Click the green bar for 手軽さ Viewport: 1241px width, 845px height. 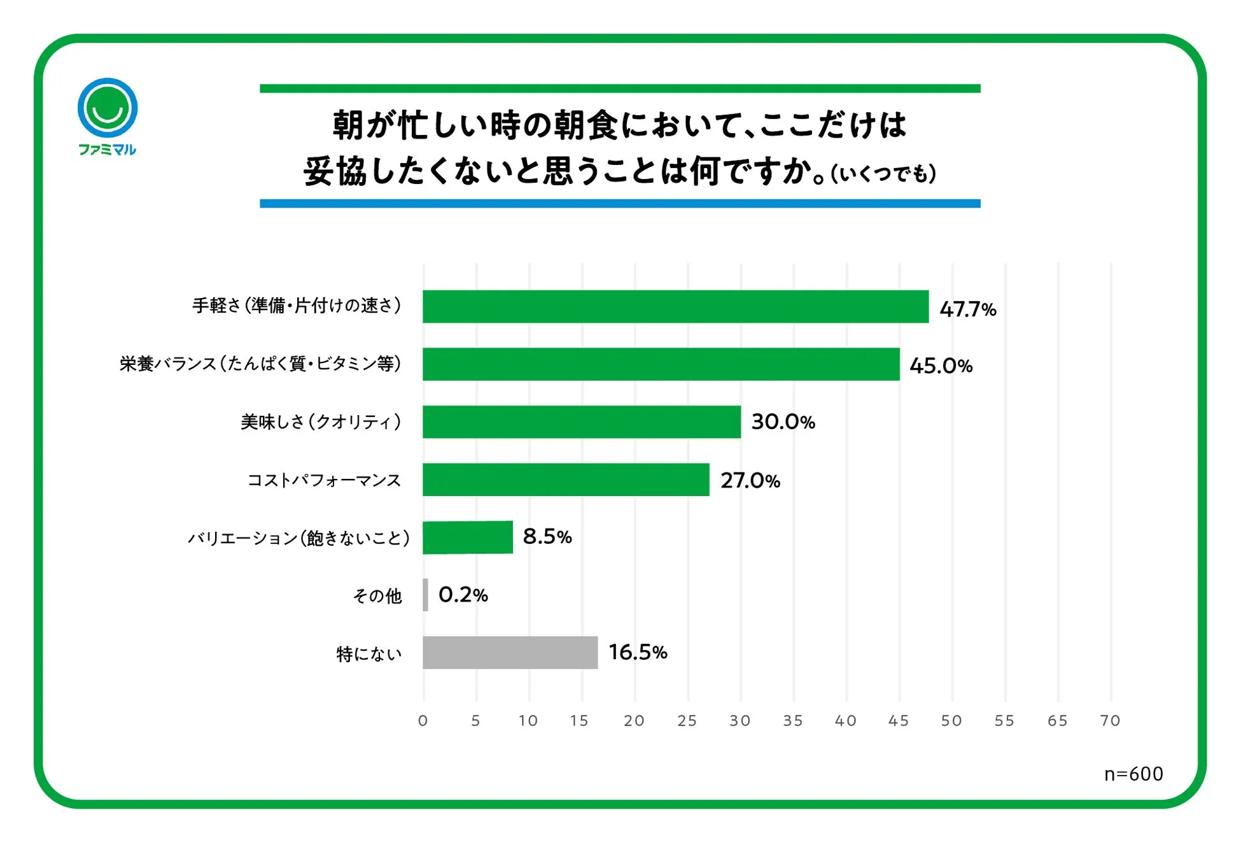(675, 306)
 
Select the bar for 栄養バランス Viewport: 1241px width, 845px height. (661, 364)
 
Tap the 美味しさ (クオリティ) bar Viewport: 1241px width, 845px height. (582, 422)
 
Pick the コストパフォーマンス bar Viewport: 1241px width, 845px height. (566, 479)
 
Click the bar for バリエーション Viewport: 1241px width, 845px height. (468, 537)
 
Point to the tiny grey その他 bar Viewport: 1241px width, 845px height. (426, 595)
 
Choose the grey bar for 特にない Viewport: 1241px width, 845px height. (510, 653)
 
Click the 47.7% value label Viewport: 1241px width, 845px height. (967, 309)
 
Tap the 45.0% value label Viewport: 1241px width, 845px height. (941, 366)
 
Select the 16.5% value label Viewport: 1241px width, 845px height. (638, 652)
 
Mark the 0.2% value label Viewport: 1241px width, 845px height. (463, 595)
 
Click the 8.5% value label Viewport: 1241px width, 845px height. (547, 537)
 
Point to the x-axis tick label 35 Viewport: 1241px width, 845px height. (793, 721)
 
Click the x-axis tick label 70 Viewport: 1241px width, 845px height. (1110, 721)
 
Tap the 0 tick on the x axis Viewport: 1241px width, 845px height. (423, 721)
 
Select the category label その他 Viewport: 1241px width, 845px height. (377, 596)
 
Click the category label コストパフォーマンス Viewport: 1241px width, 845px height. (324, 480)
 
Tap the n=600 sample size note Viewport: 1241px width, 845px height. (1133, 774)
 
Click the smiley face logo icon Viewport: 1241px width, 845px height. (108, 108)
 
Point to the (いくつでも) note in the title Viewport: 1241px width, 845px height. (883, 174)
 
